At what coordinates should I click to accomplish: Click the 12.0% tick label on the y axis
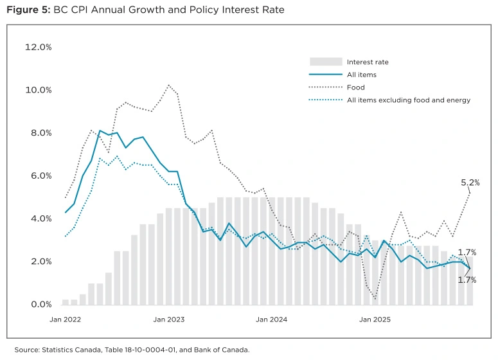coord(38,47)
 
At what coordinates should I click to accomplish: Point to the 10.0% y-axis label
coord(38,90)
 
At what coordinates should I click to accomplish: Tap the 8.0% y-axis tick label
coord(38,133)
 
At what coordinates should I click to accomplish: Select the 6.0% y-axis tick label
coord(38,176)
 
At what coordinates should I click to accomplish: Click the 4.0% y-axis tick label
coord(38,219)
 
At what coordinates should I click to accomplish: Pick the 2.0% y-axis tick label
coord(38,262)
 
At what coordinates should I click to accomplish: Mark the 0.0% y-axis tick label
coord(38,305)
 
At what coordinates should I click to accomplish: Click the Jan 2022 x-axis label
coord(66,319)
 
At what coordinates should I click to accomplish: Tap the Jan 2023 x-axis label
coord(169,319)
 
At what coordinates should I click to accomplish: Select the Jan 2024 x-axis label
coord(271,319)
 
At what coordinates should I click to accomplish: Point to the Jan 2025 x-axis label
coord(375,319)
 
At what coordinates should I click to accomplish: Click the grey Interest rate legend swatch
coord(325,62)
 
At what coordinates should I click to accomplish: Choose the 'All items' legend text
coord(362,75)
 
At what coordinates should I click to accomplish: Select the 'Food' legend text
coord(355,87)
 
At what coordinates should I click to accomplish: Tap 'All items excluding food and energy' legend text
coord(409,100)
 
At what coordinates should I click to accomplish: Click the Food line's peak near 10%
coord(168,85)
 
